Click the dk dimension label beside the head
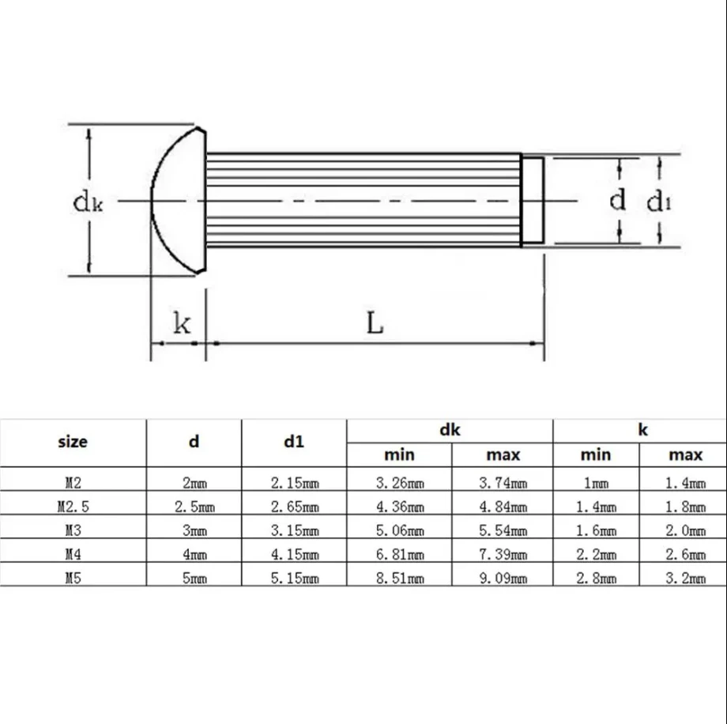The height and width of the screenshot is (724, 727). pos(87,202)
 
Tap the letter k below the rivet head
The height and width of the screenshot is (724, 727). pos(181,324)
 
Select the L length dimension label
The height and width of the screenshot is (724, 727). pos(375,323)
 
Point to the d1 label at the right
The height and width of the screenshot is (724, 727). pos(659,202)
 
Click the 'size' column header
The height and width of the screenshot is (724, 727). pos(73,442)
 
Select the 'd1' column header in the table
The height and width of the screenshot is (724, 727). pos(293,442)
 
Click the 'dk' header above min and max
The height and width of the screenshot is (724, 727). pos(450,430)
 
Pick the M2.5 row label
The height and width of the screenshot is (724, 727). pos(73,507)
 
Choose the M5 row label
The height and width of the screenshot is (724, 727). pos(73,578)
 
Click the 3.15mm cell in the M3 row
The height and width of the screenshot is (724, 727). pos(293,530)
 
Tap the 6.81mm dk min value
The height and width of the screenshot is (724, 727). pos(399,554)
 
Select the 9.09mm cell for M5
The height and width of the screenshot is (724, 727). pos(502,578)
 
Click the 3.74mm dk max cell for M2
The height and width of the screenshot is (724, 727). pos(502,483)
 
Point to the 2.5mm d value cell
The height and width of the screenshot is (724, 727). pos(194,507)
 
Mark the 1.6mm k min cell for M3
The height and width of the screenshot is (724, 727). pos(595,530)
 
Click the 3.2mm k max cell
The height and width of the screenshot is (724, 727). pos(684,578)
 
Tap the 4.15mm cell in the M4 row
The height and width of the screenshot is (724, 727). pos(293,554)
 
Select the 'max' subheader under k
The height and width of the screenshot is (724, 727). pos(684,454)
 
